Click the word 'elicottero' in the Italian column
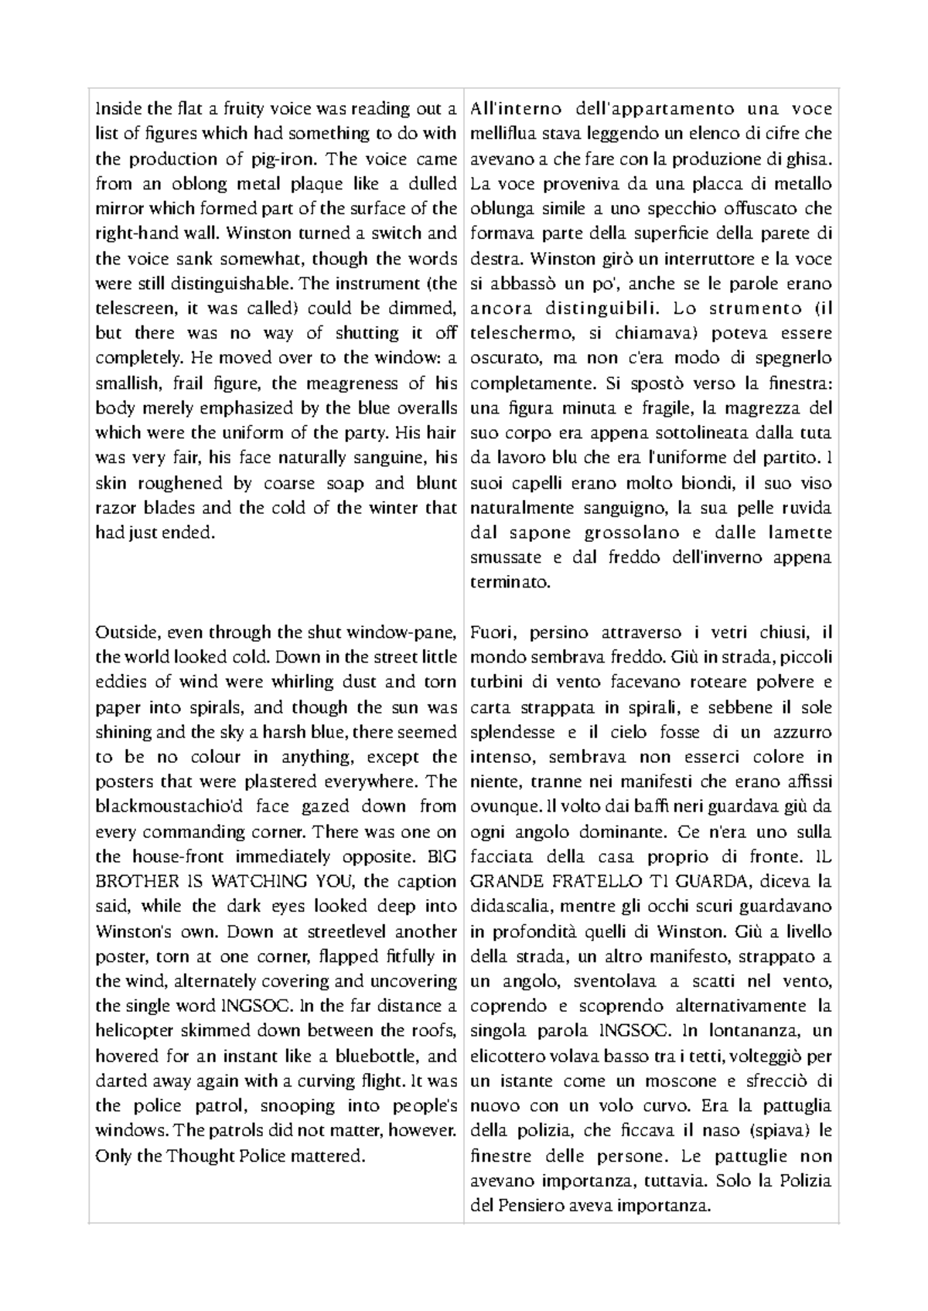coord(507,1056)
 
